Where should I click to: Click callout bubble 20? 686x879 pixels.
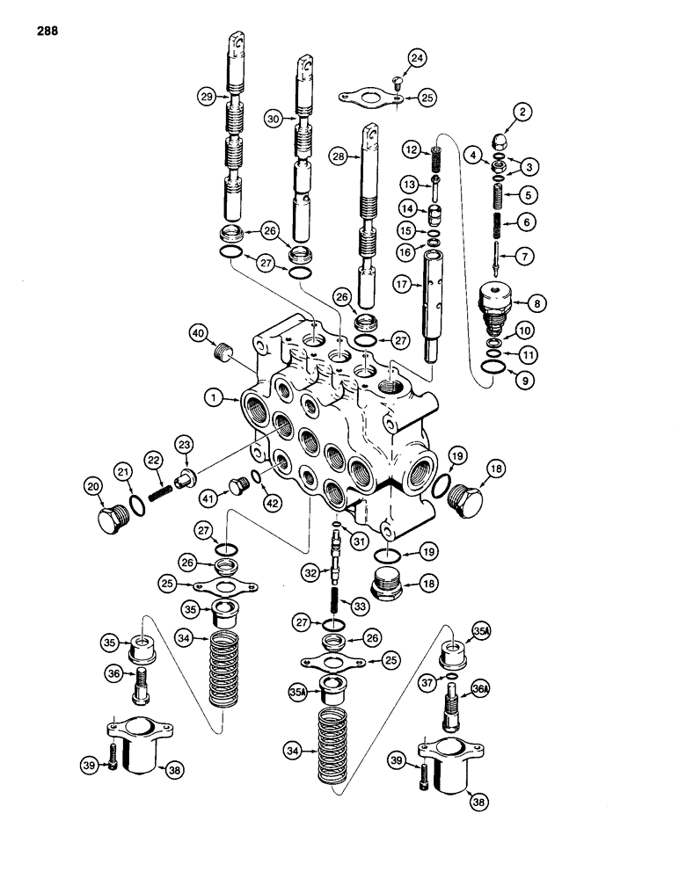point(94,486)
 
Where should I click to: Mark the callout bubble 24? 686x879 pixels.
point(416,59)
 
